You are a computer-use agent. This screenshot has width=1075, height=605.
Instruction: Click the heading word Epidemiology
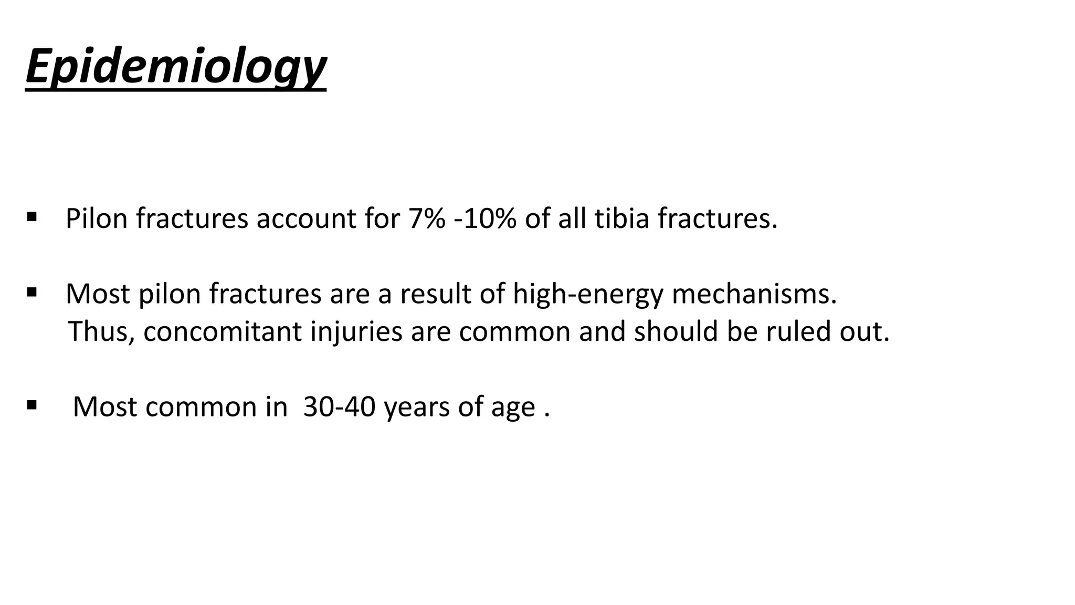point(176,67)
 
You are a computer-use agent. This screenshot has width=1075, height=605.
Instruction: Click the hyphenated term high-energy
point(588,294)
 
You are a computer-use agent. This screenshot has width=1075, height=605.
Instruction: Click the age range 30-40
point(340,407)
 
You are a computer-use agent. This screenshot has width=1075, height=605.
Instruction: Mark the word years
point(417,407)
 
